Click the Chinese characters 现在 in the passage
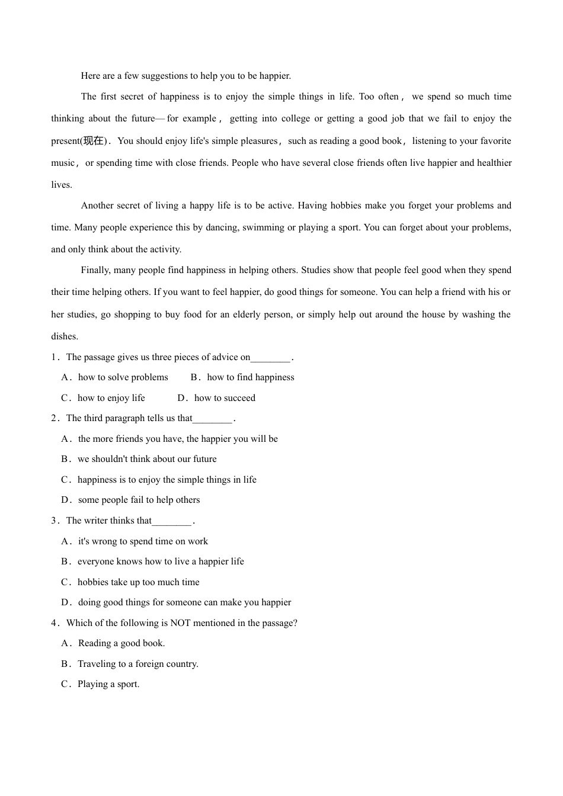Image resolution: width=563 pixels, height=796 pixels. (x=94, y=141)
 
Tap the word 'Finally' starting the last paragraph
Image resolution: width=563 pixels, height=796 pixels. (x=95, y=270)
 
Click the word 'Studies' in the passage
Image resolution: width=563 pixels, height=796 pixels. (x=317, y=270)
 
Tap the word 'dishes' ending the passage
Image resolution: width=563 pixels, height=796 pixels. (x=64, y=336)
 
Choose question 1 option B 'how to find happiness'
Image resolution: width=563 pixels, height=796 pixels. (x=250, y=377)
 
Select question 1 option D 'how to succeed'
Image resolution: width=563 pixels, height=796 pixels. (x=225, y=398)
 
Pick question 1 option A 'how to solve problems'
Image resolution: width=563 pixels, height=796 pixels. (x=123, y=377)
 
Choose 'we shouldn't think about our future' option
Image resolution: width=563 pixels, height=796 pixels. (x=147, y=459)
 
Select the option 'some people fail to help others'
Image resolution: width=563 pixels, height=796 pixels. (x=139, y=500)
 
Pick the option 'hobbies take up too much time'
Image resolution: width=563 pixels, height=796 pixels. (x=138, y=582)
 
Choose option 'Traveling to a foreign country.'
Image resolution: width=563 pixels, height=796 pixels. (x=137, y=664)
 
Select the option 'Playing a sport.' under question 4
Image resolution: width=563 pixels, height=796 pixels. (x=108, y=684)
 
